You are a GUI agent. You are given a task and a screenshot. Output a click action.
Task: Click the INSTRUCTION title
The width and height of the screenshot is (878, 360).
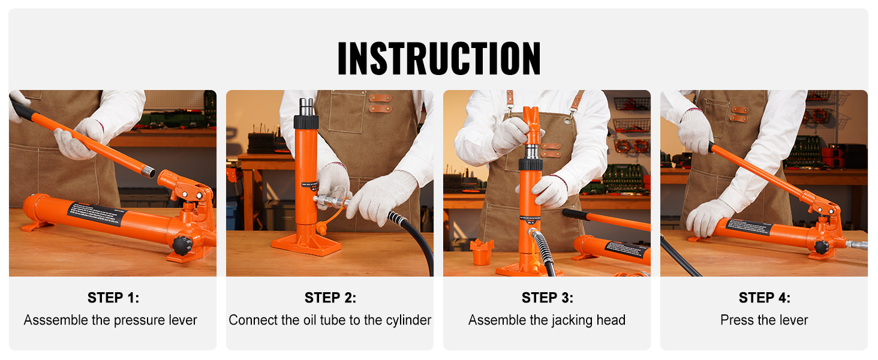pyautogui.click(x=439, y=58)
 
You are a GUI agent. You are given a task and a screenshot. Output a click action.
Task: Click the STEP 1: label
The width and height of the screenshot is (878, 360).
pyautogui.click(x=113, y=298)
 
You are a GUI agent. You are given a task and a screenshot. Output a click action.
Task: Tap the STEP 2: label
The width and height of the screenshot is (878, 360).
pyautogui.click(x=330, y=298)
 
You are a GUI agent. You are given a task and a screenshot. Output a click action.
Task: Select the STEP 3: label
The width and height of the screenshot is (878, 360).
pyautogui.click(x=547, y=298)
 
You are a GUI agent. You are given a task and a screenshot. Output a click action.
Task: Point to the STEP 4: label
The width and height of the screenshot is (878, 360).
pyautogui.click(x=764, y=298)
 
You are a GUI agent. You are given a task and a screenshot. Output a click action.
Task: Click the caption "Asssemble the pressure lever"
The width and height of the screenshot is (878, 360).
pyautogui.click(x=110, y=320)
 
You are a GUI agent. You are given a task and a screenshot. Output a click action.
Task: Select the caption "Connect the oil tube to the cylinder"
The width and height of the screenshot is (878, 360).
pyautogui.click(x=330, y=320)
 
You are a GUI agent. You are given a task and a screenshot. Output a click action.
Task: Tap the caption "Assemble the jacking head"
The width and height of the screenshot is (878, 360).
pyautogui.click(x=547, y=320)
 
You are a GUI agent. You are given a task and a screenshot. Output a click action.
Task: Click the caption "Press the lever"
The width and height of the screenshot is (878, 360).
pyautogui.click(x=764, y=320)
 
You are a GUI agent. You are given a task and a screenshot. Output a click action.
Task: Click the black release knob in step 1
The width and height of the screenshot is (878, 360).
pyautogui.click(x=182, y=245)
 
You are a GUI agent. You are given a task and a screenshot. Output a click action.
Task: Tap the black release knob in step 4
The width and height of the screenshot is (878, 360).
pyautogui.click(x=821, y=247)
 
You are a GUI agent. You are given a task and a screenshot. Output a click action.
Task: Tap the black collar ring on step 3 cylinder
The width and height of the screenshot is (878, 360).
pyautogui.click(x=531, y=164)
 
